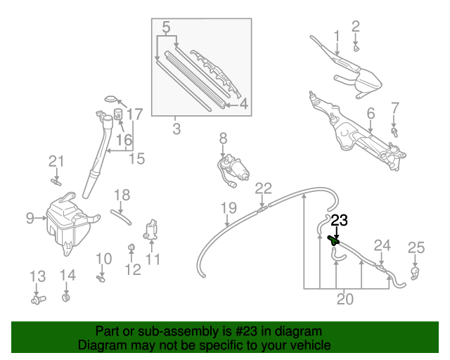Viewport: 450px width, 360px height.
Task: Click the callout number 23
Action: point(340,220)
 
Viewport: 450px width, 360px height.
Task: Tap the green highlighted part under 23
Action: point(334,240)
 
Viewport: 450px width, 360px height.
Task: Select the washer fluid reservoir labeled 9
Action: point(65,219)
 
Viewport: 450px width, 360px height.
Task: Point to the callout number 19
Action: point(229,207)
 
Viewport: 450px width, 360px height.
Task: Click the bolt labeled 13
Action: point(38,300)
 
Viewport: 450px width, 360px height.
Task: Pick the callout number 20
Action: point(345,300)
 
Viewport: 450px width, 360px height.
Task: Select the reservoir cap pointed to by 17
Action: point(112,98)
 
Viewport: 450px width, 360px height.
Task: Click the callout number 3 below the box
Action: point(176,129)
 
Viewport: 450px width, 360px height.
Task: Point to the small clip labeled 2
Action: point(356,49)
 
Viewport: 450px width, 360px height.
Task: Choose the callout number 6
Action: point(371,112)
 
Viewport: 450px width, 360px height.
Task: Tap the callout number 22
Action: point(263,188)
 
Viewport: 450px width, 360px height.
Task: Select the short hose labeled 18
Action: point(122,217)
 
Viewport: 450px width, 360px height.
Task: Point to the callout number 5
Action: point(166,28)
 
